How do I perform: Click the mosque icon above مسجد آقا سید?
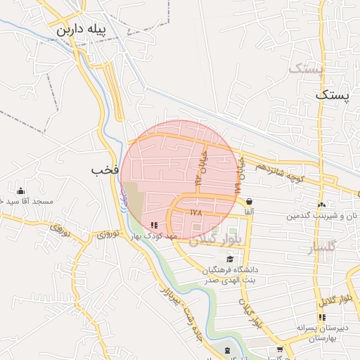point(20,191)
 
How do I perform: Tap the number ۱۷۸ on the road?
point(195,210)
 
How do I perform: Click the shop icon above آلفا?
point(250,202)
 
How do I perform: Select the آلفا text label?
point(249,212)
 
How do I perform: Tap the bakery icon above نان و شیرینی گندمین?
point(321,205)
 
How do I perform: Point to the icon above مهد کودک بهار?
point(154,226)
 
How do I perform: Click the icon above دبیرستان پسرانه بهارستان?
point(322,317)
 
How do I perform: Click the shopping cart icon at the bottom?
point(280,349)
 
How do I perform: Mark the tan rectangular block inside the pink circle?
point(133,203)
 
